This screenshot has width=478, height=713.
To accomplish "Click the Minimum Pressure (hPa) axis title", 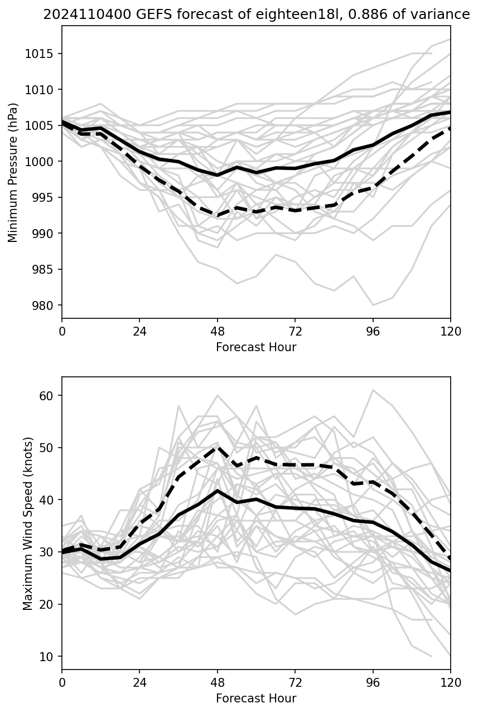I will [13, 172].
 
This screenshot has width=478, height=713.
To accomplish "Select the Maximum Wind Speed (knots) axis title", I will [28, 523].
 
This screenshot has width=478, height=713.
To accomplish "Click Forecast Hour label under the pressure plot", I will [256, 347].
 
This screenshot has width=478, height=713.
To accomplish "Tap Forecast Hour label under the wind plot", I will [256, 699].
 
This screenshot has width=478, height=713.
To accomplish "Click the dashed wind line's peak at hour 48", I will [218, 447].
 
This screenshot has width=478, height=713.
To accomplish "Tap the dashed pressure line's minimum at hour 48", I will [218, 216].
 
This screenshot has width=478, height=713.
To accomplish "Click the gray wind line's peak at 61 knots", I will [373, 390].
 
